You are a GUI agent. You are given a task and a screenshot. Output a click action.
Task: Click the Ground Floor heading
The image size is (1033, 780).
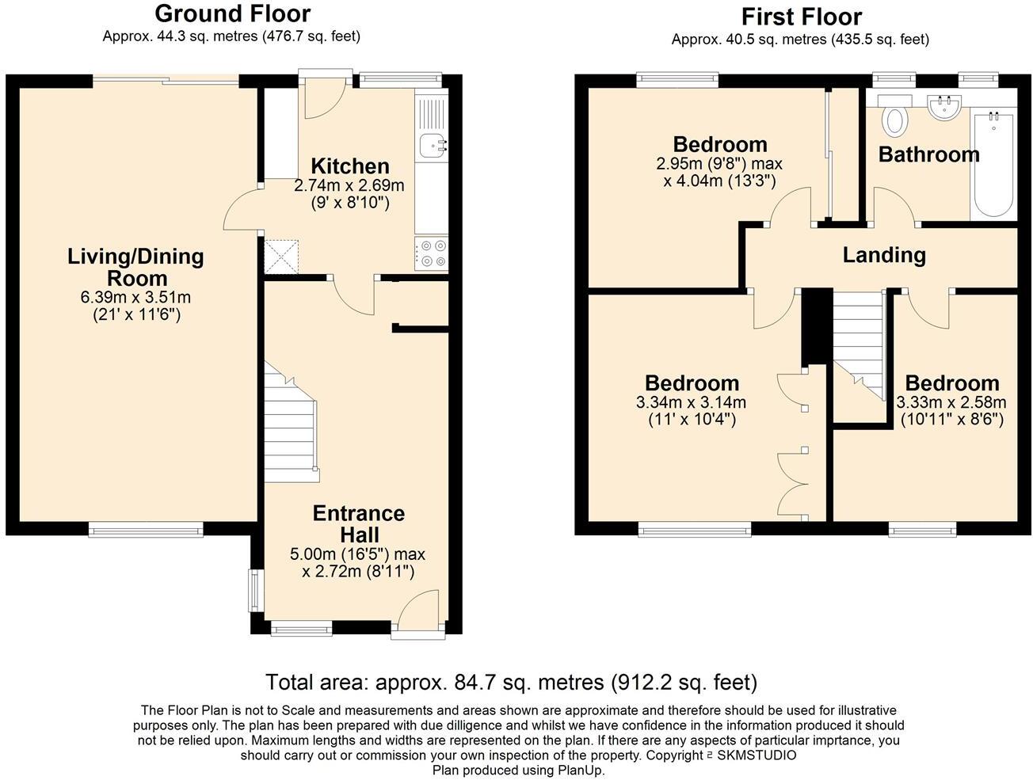232,13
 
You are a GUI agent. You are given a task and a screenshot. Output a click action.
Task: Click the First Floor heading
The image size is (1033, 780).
801,16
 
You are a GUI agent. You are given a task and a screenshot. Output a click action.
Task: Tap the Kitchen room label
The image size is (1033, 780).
349,166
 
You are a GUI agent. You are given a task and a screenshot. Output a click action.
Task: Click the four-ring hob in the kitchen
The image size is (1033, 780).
430,253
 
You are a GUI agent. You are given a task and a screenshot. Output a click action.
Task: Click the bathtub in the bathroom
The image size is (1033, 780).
993,164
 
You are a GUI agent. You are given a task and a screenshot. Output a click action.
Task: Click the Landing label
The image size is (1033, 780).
883,255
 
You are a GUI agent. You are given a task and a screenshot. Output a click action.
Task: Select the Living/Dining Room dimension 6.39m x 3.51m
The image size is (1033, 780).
135,298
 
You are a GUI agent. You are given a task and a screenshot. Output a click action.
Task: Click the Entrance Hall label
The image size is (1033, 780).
358,523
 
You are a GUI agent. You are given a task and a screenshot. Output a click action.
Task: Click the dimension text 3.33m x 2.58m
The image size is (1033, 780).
951,402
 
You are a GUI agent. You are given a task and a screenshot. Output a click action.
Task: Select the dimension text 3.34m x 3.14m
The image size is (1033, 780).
691,402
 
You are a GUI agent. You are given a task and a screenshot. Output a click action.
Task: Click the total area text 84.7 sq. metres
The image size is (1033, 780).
511,682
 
